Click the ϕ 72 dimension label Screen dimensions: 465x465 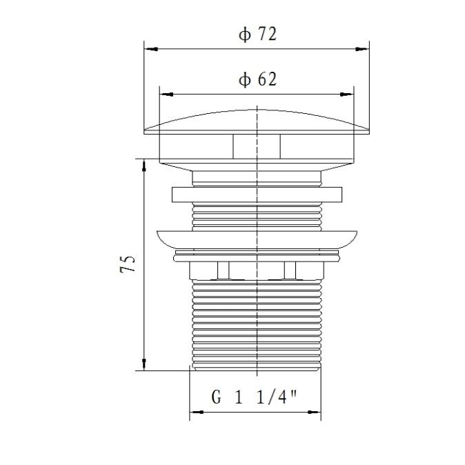coord(258,34)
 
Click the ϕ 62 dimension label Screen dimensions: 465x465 coord(258,79)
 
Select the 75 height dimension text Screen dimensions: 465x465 coord(128,264)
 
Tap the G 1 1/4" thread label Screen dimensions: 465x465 coord(254,397)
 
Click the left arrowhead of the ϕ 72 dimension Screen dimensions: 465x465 coord(150,49)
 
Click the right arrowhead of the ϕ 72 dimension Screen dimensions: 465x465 coord(362,49)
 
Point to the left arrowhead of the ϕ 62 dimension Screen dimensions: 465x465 coord(166,95)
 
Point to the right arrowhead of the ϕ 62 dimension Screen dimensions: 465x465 coord(346,95)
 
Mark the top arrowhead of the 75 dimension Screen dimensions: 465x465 coord(144,166)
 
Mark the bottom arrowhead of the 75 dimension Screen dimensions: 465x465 coord(144,364)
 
